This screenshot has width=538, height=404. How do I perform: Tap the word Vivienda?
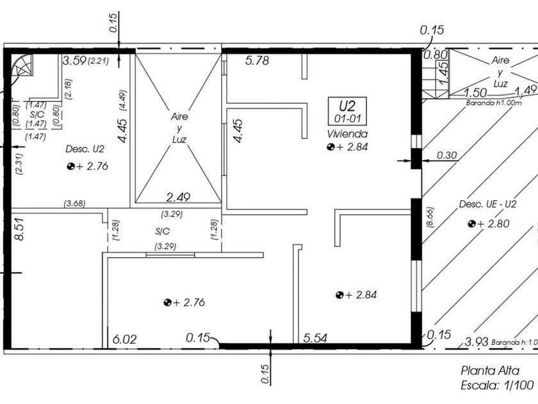347,133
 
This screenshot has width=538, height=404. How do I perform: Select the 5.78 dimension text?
257,61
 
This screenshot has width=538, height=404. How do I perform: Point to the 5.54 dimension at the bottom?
315,338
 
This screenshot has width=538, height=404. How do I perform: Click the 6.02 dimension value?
124,339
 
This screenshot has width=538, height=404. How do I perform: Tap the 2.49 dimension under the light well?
178,198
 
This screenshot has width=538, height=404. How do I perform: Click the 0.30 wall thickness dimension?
447,155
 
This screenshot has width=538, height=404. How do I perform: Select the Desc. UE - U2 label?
487,204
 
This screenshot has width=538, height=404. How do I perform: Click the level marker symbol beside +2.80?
471,224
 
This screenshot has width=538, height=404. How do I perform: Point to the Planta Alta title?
489,371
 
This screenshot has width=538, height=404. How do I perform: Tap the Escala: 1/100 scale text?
497,385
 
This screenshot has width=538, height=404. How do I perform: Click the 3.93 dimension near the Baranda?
477,342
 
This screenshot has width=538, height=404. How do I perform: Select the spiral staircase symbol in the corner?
22,65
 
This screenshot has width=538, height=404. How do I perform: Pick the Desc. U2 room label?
85,149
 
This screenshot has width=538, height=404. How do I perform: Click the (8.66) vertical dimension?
430,217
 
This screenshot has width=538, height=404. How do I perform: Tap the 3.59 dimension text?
74,61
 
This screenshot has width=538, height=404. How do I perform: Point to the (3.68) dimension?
74,203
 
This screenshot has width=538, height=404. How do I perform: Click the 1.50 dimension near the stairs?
475,93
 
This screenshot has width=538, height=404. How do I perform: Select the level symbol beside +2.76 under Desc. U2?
71,167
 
